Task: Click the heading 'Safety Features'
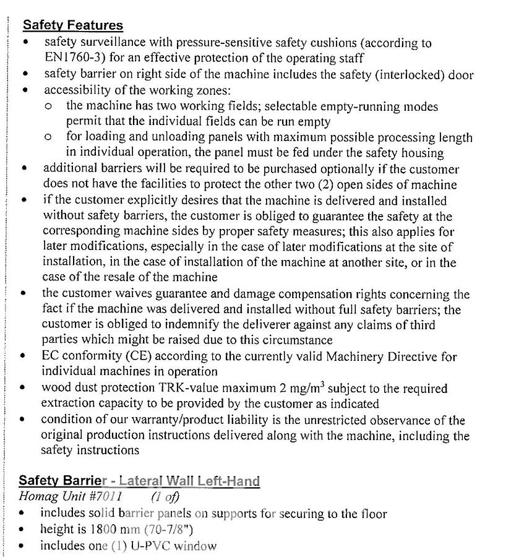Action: (73, 25)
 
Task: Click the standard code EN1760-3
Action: (73, 59)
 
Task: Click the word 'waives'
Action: (134, 294)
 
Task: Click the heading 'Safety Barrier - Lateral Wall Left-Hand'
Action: (139, 481)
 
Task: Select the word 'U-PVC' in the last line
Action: (151, 546)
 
